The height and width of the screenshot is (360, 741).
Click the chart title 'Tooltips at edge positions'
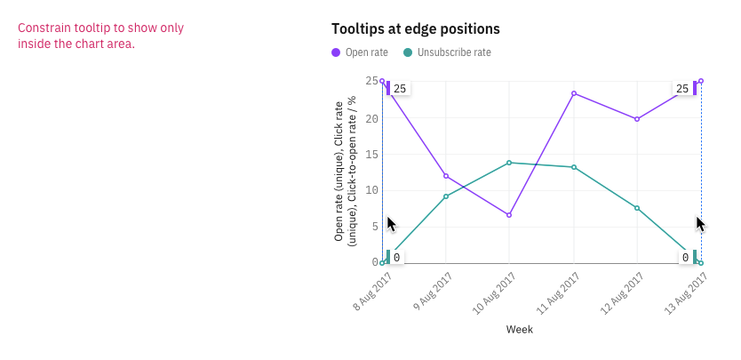point(415,29)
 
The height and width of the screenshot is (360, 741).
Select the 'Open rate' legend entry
point(360,52)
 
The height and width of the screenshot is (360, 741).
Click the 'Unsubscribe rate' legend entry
point(447,52)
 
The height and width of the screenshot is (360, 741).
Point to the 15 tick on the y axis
point(371,154)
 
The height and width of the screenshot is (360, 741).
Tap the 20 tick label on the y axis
point(371,118)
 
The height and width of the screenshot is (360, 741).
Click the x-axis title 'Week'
point(520,330)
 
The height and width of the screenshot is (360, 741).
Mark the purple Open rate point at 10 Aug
point(509,215)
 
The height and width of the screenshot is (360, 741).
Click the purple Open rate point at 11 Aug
point(574,93)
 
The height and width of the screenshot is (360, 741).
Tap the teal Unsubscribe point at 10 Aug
point(509,163)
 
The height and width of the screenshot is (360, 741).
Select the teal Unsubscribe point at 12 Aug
point(637,208)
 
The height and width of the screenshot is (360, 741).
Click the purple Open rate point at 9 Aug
point(446,176)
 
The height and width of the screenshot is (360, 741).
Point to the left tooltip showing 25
point(398,89)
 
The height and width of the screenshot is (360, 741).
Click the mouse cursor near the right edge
point(700,223)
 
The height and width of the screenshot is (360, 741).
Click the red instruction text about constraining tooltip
point(100,36)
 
